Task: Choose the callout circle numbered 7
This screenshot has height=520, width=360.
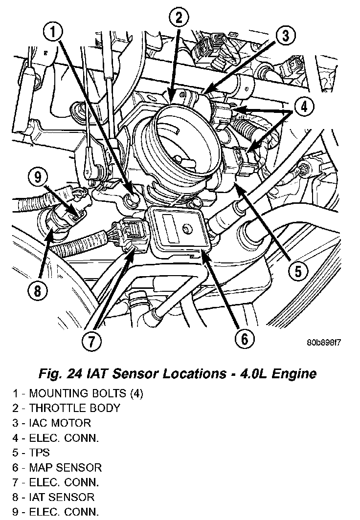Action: [92, 341]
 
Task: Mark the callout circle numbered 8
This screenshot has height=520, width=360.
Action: [38, 292]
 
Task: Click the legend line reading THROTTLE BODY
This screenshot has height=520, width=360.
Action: [67, 408]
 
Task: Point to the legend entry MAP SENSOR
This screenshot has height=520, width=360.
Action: [58, 468]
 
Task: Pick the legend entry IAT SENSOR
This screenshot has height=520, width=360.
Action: [54, 498]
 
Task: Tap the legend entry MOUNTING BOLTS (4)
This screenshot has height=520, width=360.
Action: [78, 393]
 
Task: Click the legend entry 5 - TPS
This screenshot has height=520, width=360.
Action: [31, 453]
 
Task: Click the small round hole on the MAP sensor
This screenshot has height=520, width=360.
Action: [186, 228]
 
